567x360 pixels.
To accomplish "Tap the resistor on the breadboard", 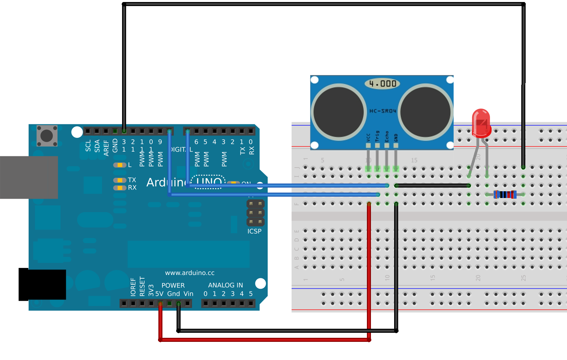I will tap(505, 195).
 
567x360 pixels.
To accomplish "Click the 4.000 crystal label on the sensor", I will tap(382, 83).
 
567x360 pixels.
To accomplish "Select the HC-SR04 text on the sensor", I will tap(383, 111).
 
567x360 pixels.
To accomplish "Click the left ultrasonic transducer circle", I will tap(339, 112).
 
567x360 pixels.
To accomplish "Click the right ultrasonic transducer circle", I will tap(425, 112).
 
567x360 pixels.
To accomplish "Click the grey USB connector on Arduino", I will tap(29, 177).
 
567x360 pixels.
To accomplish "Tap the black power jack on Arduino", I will tap(42, 284).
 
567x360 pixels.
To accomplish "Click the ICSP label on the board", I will tap(254, 231).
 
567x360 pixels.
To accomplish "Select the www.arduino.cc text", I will tap(190, 273).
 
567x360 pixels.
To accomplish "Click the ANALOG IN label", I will tap(225, 285).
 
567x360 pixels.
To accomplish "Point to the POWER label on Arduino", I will tap(173, 285).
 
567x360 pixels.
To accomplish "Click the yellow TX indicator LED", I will tap(120, 180).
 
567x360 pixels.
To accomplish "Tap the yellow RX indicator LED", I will tap(120, 188).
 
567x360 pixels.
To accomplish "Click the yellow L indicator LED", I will tap(120, 165).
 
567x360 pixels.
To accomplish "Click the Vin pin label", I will tap(188, 294).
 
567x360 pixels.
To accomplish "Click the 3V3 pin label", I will tap(151, 291).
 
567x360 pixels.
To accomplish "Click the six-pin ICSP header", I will tap(256, 213).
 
